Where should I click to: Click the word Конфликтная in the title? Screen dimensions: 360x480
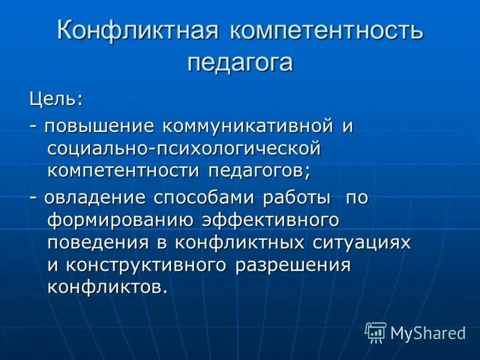coord(137,31)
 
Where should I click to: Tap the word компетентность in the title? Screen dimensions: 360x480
coord(326,31)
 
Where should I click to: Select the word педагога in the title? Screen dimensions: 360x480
coord(240,62)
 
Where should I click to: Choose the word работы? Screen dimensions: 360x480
coord(299,197)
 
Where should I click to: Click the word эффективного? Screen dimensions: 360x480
coord(271,220)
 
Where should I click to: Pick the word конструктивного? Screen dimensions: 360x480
coord(146,264)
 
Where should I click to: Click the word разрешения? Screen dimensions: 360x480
coord(293,264)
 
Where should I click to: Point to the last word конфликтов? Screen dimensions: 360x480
coord(104,286)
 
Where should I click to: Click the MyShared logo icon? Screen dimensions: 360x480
coord(376,332)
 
